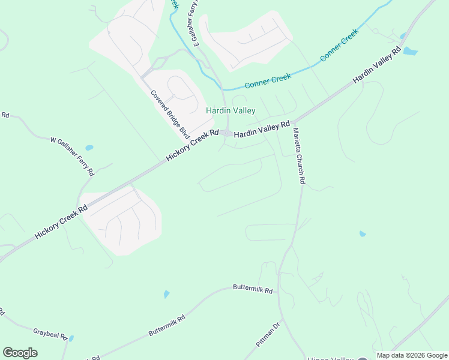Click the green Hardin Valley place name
[231, 110]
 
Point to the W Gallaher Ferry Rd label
[72, 157]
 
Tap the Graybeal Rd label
[50, 333]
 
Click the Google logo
[20, 352]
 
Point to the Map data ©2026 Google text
[412, 355]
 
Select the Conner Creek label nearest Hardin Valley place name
[268, 80]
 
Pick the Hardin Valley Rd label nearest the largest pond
[376, 67]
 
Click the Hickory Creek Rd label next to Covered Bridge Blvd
[192, 146]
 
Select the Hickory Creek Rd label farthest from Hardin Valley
[61, 221]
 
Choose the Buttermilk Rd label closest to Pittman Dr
[253, 289]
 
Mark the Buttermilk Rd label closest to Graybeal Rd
[167, 326]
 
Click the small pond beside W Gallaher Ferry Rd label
[89, 148]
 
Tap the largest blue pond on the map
[410, 51]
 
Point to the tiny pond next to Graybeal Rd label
[71, 338]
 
